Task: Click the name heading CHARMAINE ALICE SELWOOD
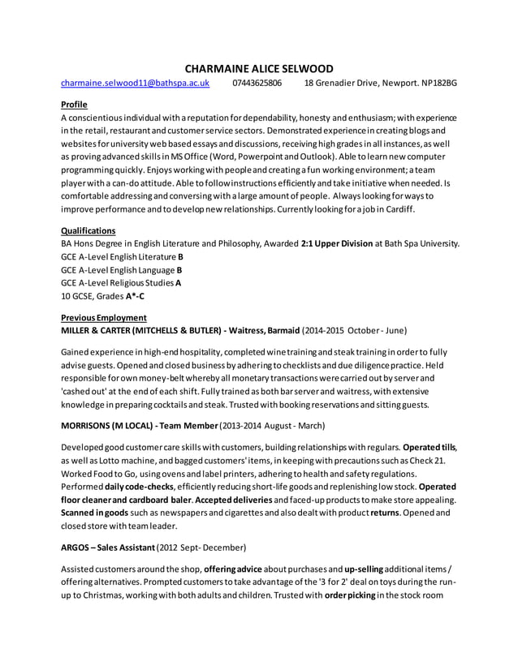259,68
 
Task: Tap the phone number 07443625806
257,83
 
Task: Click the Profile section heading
74,105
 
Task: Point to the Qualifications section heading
88,230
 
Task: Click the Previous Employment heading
104,317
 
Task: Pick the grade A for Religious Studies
179,282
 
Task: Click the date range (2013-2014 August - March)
272,425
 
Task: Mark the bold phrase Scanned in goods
93,513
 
